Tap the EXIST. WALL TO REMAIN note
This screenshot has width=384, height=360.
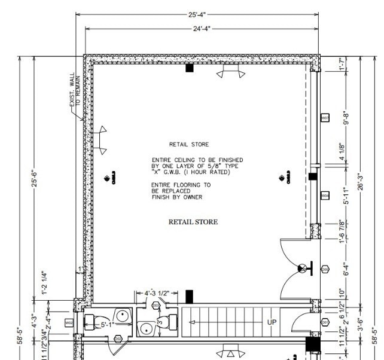coord(74,96)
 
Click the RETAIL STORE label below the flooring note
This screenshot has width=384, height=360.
coord(193,222)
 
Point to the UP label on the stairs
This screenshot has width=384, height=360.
coord(272,322)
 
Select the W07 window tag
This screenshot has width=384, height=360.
coord(325,118)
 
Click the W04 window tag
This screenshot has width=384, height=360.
coord(325,196)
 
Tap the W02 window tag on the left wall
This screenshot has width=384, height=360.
coord(69,323)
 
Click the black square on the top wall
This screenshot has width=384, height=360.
coord(190,68)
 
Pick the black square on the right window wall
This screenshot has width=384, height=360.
coord(312,176)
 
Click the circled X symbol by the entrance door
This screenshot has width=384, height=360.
coord(304,267)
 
